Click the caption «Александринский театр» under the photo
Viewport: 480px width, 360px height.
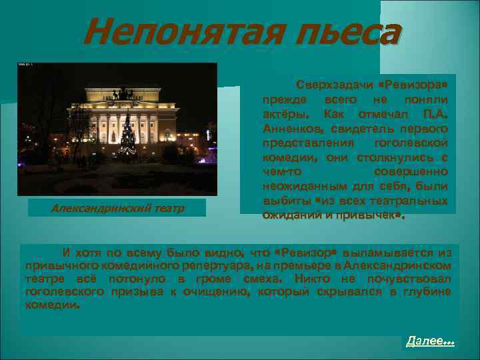[x=117, y=208]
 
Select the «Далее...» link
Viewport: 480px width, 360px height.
[x=430, y=341]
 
